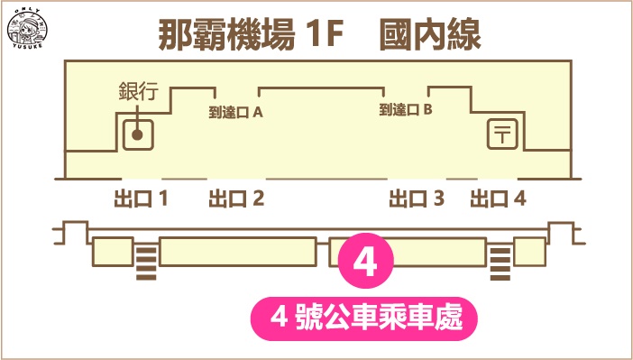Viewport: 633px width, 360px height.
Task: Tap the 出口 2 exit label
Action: (236, 198)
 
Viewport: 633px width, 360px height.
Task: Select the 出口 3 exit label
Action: (417, 198)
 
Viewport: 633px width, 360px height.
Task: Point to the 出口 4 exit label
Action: (499, 198)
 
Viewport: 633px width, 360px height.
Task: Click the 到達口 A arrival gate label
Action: (235, 112)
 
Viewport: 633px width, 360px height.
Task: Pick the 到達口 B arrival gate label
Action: (407, 110)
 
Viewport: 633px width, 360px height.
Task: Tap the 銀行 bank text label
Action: (139, 91)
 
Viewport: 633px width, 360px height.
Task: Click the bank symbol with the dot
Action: (137, 134)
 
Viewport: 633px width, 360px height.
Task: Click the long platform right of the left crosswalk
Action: (237, 252)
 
